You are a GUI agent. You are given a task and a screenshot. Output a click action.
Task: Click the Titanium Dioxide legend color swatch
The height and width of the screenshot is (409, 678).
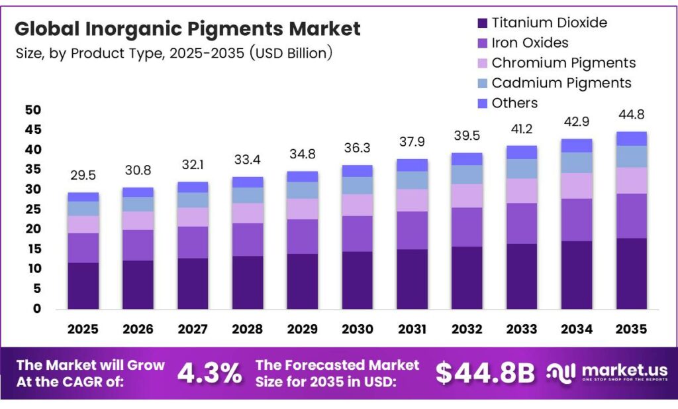(x=482, y=23)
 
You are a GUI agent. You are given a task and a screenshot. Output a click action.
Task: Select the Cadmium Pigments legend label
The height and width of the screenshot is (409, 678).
(x=561, y=83)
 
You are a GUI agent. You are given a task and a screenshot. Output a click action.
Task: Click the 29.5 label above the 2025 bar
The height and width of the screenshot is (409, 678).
(x=83, y=175)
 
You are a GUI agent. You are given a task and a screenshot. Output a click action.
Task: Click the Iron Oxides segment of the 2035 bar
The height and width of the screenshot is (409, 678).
(x=631, y=215)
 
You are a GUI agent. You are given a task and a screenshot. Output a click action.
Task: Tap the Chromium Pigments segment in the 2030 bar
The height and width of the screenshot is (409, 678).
(x=357, y=205)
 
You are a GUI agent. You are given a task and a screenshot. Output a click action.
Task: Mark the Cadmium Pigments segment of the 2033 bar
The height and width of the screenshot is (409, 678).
(x=521, y=168)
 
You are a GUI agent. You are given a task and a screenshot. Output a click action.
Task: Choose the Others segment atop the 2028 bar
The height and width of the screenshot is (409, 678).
(x=248, y=182)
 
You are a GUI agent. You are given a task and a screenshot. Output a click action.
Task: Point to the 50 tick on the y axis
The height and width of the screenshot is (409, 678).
(x=33, y=110)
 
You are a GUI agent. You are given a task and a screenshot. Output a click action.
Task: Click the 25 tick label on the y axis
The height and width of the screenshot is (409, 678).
(x=33, y=209)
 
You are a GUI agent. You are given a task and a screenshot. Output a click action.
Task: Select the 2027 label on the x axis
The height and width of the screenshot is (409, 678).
(x=193, y=329)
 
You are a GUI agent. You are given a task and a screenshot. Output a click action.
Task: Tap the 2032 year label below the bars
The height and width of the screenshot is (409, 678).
(x=466, y=329)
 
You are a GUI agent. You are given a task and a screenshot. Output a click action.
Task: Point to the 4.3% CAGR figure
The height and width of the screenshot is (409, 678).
(x=209, y=373)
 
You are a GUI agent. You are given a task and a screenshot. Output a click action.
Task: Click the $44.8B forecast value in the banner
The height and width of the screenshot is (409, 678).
(x=485, y=373)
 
